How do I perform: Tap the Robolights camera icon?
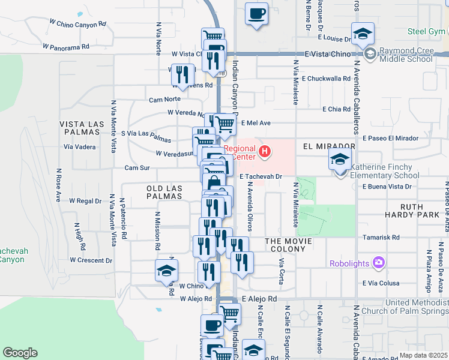pyautogui.click(x=378, y=262)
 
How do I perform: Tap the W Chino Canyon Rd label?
pyautogui.click(x=78, y=24)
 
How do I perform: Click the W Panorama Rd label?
pyautogui.click(x=66, y=46)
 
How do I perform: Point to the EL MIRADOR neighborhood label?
pyautogui.click(x=329, y=146)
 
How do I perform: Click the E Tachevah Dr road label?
pyautogui.click(x=261, y=176)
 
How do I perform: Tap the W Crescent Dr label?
pyautogui.click(x=91, y=260)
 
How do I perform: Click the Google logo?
pyautogui.click(x=20, y=353)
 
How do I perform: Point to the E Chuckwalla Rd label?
pyautogui.click(x=326, y=78)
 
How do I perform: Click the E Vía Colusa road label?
pyautogui.click(x=381, y=283)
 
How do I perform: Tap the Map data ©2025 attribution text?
pyautogui.click(x=423, y=355)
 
